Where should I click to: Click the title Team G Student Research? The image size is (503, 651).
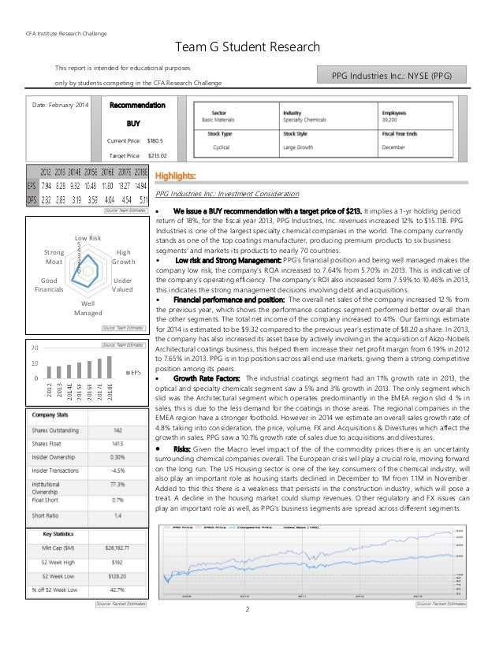(x=246, y=47)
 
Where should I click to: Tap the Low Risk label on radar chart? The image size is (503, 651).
(x=88, y=237)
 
